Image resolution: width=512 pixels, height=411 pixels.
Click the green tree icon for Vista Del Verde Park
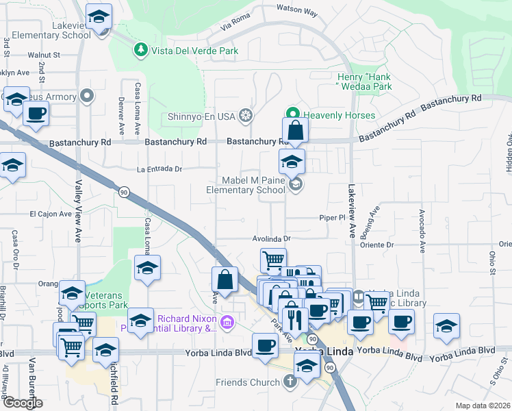[140, 50]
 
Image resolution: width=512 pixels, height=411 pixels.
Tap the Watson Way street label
[296, 12]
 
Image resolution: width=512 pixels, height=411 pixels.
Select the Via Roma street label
[235, 27]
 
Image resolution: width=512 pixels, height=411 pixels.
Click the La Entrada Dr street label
[159, 169]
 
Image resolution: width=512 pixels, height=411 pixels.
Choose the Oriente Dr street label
[381, 245]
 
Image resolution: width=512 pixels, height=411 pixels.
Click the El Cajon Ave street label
[51, 214]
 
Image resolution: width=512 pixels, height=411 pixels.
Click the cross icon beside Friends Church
[290, 381]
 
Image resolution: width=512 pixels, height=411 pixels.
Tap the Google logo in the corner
[23, 402]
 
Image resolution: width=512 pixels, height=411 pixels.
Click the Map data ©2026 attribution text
[483, 405]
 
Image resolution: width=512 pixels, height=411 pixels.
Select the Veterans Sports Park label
[99, 299]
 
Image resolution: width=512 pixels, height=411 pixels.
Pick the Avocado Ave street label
[422, 229]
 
